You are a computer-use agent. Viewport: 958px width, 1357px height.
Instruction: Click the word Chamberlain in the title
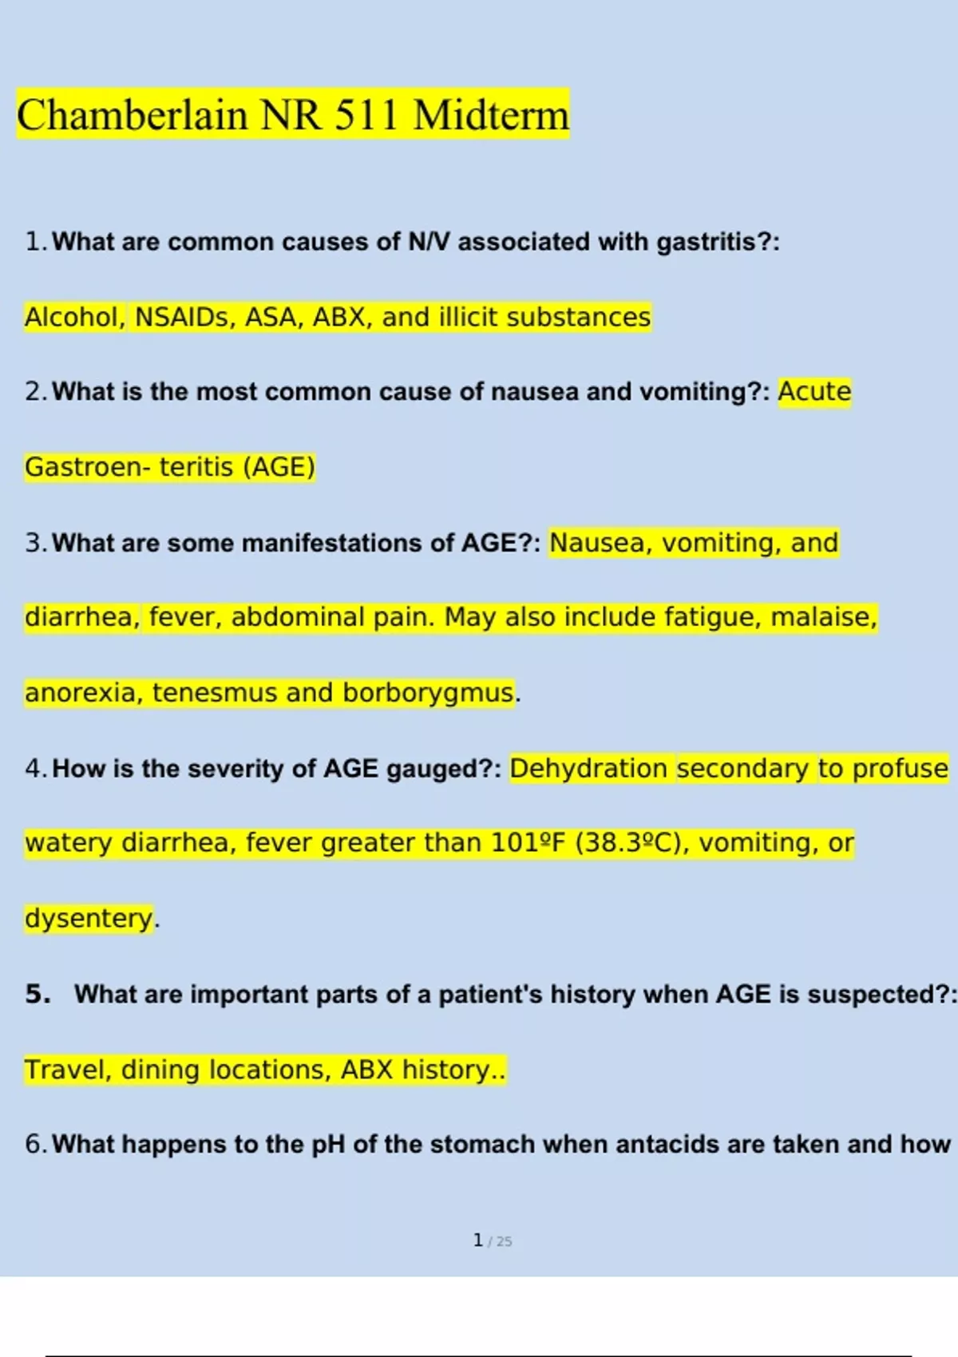click(133, 115)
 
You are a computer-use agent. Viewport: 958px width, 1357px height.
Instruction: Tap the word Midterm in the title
click(491, 115)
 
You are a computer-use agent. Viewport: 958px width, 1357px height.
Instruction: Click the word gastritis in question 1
click(705, 242)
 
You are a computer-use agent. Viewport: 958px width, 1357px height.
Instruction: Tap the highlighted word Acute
click(814, 392)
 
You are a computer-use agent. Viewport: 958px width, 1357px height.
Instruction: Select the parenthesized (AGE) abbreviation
click(279, 467)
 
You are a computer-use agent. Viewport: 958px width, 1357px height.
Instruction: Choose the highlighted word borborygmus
click(429, 692)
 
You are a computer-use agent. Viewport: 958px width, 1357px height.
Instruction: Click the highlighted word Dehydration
click(588, 768)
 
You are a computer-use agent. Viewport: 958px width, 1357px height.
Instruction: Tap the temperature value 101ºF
click(528, 843)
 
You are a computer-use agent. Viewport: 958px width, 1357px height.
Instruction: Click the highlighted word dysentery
click(89, 918)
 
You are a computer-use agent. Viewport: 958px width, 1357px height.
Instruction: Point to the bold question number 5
click(38, 994)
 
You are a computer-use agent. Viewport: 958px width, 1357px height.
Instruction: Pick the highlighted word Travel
click(68, 1070)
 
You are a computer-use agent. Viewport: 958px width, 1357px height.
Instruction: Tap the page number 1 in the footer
click(478, 1240)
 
